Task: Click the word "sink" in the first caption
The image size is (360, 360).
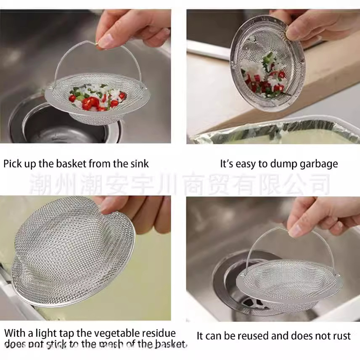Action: click(139, 164)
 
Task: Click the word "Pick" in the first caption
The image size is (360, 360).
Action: click(13, 164)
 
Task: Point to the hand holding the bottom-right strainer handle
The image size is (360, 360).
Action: click(320, 214)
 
